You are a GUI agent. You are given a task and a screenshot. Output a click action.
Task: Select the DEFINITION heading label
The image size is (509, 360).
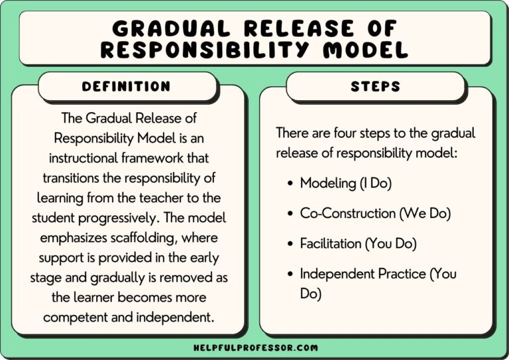126,87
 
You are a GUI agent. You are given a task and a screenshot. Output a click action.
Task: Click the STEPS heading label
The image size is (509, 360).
376,87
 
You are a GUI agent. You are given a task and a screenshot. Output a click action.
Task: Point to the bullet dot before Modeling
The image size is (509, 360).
290,184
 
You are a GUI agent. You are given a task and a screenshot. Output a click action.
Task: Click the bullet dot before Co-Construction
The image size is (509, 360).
290,213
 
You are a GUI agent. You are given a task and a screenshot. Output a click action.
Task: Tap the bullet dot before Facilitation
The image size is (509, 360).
290,244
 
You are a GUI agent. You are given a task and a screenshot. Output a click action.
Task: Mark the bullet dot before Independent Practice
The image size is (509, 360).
290,274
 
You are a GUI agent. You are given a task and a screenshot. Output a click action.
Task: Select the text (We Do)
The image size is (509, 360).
427,213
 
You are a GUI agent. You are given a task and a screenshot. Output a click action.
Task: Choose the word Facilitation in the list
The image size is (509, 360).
330,244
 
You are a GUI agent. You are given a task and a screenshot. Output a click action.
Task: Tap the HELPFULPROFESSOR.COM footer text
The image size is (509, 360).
255,347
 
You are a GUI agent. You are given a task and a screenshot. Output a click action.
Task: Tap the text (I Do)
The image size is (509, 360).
375,184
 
